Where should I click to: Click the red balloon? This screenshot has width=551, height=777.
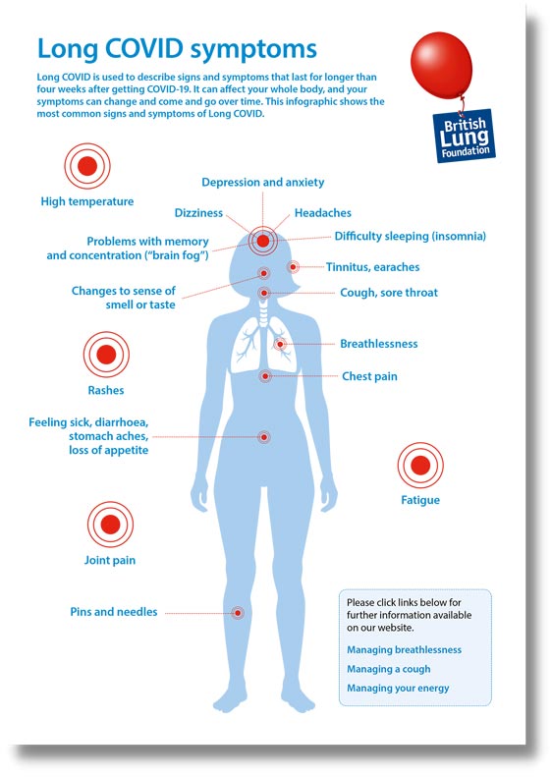click(x=441, y=66)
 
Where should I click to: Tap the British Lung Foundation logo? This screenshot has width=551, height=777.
click(x=464, y=136)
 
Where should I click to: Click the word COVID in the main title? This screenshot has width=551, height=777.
click(x=144, y=48)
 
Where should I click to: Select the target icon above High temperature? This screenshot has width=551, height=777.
click(x=87, y=166)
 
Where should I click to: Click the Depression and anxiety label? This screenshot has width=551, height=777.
click(x=262, y=183)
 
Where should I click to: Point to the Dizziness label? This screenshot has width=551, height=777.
click(x=198, y=213)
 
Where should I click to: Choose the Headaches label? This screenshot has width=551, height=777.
click(x=322, y=213)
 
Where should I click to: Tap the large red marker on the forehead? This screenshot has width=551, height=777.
click(x=262, y=241)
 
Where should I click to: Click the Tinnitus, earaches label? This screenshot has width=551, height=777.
click(x=372, y=267)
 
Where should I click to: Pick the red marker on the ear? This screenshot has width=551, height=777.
click(x=293, y=267)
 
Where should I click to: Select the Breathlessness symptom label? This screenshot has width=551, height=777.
click(x=378, y=344)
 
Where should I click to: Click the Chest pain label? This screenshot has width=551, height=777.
click(x=369, y=376)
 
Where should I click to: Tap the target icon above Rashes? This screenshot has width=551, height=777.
click(x=106, y=355)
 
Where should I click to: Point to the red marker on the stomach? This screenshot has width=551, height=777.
click(x=264, y=437)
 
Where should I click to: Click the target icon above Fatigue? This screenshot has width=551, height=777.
click(x=420, y=466)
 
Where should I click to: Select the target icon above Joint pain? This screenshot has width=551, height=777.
click(x=110, y=525)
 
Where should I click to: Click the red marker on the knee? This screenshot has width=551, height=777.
click(x=238, y=613)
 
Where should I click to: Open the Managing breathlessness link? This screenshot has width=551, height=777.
click(x=404, y=649)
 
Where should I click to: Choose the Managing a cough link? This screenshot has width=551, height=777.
click(x=389, y=669)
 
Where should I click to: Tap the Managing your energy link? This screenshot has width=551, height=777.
click(x=398, y=689)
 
